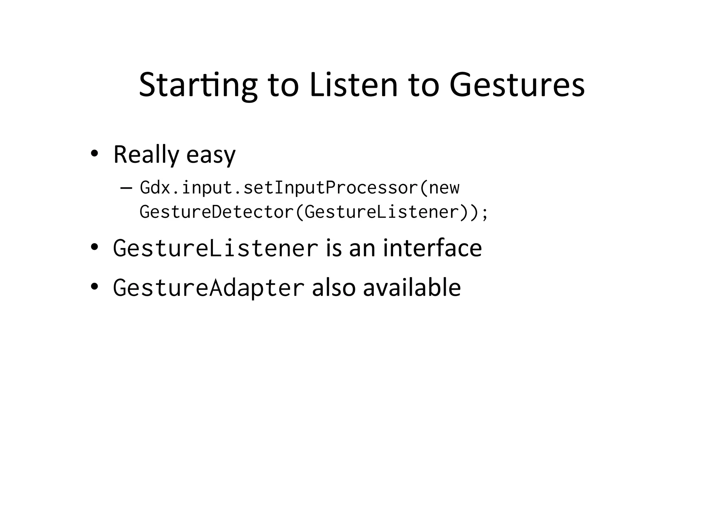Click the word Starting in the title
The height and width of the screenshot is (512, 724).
pyautogui.click(x=198, y=85)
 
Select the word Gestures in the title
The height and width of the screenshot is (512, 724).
pyautogui.click(x=517, y=85)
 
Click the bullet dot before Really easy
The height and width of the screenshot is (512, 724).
pyautogui.click(x=94, y=154)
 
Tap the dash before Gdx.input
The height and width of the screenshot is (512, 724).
pyautogui.click(x=126, y=188)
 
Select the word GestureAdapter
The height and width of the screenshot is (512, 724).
pyautogui.click(x=209, y=288)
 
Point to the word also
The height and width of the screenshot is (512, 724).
pyautogui.click(x=333, y=287)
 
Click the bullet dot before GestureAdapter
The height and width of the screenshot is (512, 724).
pyautogui.click(x=94, y=286)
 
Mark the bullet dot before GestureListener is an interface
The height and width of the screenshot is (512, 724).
pyautogui.click(x=94, y=247)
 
